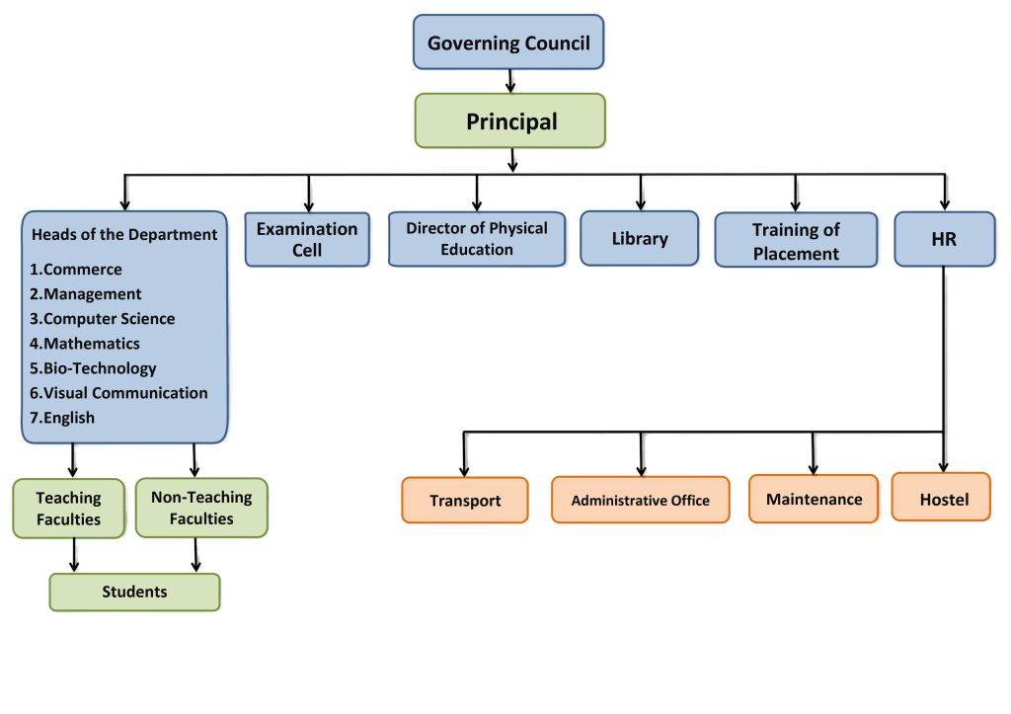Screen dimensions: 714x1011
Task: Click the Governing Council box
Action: [508, 42]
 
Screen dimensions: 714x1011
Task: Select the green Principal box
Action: [510, 122]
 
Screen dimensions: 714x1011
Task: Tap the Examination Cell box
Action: [307, 240]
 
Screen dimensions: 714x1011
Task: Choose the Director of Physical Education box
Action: [477, 238]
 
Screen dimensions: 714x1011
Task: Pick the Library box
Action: [640, 239]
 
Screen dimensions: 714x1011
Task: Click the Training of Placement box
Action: [796, 241]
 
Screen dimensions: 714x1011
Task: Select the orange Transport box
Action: [465, 500]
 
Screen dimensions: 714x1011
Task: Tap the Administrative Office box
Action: [640, 500]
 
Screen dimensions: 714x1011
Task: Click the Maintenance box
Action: [814, 499]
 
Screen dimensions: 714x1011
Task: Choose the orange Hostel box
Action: [944, 498]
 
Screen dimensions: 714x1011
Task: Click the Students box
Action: [134, 592]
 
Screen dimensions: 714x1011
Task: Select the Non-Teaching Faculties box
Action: [200, 508]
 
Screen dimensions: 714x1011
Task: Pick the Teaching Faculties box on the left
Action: [69, 509]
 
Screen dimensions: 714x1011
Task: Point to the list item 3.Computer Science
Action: [102, 319]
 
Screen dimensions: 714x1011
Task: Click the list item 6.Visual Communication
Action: [118, 393]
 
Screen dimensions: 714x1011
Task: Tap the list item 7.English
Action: [62, 418]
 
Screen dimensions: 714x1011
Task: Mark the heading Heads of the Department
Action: [124, 235]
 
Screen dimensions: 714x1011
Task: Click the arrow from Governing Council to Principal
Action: [509, 81]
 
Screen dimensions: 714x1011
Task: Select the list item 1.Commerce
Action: [76, 270]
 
